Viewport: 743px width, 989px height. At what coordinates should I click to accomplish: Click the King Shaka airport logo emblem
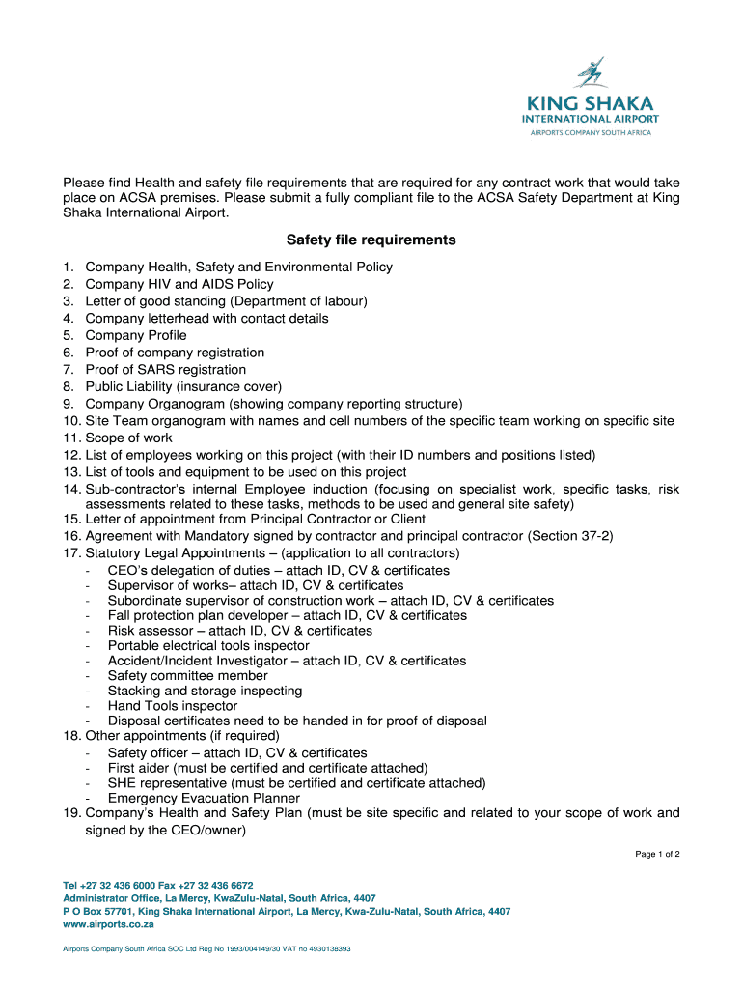click(x=590, y=73)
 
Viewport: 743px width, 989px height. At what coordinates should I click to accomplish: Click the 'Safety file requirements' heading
click(x=371, y=240)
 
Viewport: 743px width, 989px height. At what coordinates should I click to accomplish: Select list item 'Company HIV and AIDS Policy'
click(x=179, y=284)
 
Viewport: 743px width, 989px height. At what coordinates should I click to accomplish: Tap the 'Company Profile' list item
click(x=136, y=335)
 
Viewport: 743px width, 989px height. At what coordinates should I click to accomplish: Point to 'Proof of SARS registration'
click(x=166, y=370)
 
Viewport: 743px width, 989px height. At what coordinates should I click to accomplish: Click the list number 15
click(x=71, y=520)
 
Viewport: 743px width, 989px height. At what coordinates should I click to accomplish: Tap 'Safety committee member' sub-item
click(x=188, y=676)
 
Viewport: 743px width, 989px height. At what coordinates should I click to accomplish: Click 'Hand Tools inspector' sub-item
click(x=173, y=706)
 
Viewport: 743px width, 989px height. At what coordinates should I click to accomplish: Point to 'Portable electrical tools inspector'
click(x=208, y=645)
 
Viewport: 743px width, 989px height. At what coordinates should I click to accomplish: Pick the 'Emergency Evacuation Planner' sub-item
click(x=204, y=798)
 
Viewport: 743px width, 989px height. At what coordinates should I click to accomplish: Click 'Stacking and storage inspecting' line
click(x=205, y=691)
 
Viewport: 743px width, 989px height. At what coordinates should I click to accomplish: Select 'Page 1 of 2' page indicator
click(x=657, y=854)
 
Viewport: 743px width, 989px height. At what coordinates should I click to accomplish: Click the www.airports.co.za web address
click(x=101, y=924)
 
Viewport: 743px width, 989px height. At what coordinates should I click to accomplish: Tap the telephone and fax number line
click(x=158, y=885)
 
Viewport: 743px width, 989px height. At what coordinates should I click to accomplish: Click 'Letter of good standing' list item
click(x=226, y=301)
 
